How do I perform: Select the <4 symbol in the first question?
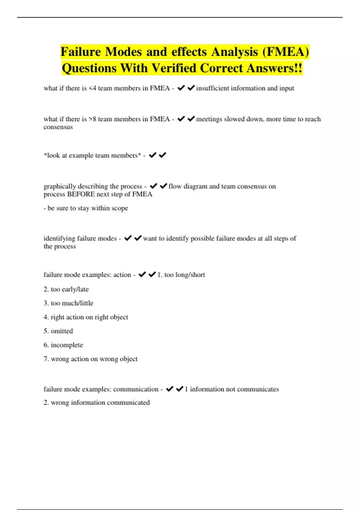pos(92,88)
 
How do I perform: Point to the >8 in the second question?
pos(92,119)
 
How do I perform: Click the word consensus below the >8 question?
pos(58,127)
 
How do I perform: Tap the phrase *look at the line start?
pos(52,155)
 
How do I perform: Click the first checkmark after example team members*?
pos(153,155)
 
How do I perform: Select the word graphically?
pos(59,186)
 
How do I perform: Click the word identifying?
pos(59,238)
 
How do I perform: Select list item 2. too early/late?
pos(66,289)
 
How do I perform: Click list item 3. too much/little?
pos(68,303)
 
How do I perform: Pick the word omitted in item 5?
pos(62,331)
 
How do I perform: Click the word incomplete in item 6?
pos(67,345)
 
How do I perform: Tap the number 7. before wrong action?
pos(46,359)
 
